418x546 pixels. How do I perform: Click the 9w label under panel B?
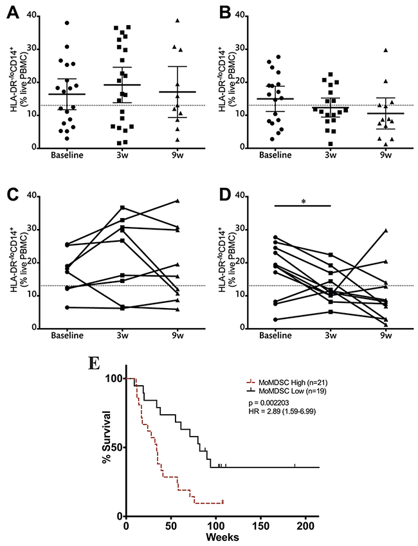[x=383, y=155]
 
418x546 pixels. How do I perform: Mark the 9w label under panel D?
[x=383, y=336]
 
